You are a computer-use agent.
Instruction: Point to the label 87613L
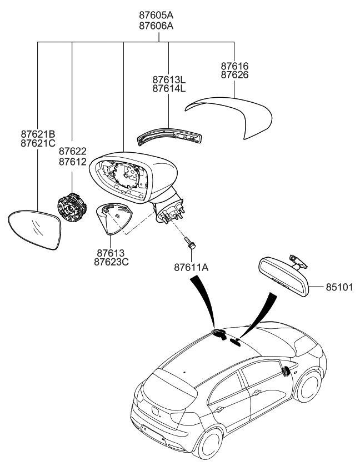(x=169, y=79)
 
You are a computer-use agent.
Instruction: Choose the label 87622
(x=72, y=152)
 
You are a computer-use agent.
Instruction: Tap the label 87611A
(x=190, y=267)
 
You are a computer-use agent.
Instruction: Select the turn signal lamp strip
(x=170, y=136)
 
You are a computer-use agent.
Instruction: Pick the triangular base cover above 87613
(x=115, y=217)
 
